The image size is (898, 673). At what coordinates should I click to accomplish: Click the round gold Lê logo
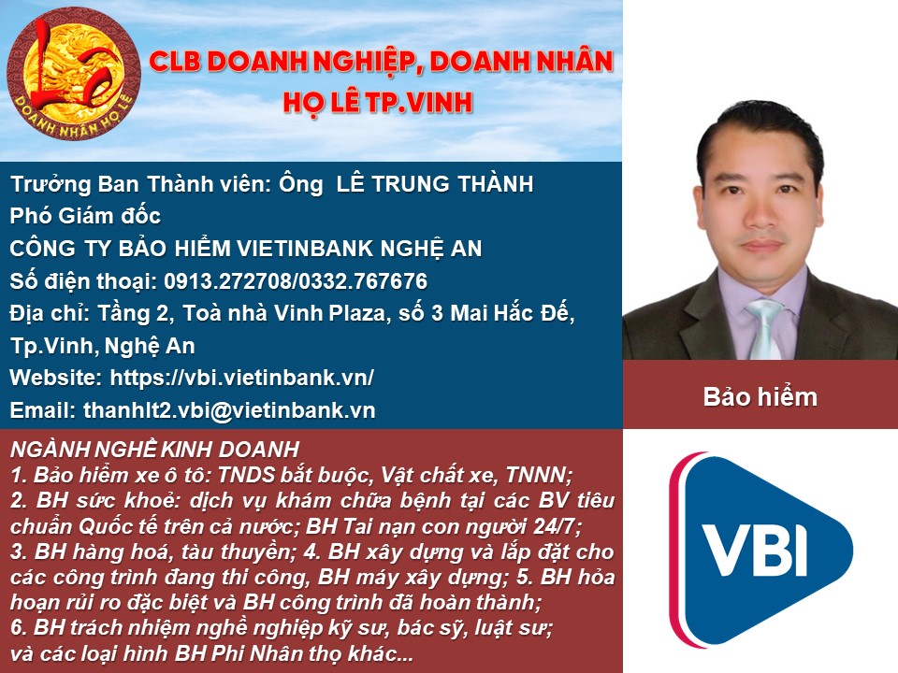coord(73,73)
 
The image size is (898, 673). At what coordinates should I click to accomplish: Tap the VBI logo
coord(761,550)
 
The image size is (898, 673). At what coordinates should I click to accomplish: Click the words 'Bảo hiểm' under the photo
coord(760,397)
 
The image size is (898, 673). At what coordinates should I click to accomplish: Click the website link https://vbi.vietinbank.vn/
coord(241,378)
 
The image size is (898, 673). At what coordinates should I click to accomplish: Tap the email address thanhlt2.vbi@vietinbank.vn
coord(229,410)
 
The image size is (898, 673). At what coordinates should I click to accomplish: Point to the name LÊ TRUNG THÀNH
coord(435,184)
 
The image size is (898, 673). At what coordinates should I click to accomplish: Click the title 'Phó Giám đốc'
coord(85,216)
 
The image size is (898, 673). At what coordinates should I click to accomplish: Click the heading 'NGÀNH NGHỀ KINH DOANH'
coord(154,450)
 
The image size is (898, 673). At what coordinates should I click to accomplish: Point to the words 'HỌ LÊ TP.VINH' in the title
coord(378,102)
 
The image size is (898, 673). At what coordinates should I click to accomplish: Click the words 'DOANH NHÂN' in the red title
coord(521,62)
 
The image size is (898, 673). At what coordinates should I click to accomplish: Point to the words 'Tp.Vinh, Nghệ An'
coord(103,346)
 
